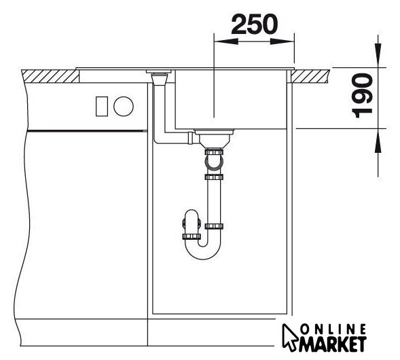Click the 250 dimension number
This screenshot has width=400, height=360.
click(x=254, y=24)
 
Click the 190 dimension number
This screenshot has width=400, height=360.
click(x=363, y=96)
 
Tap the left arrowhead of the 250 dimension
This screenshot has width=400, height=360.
click(x=226, y=41)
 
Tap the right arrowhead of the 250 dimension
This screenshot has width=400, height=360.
click(x=282, y=41)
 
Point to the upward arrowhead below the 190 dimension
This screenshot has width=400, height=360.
click(x=378, y=141)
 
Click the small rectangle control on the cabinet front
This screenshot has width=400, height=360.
click(x=102, y=107)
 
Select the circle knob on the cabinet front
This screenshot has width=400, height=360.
click(x=124, y=107)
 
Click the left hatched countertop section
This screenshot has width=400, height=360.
click(x=50, y=76)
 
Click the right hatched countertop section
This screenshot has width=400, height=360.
click(x=310, y=76)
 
